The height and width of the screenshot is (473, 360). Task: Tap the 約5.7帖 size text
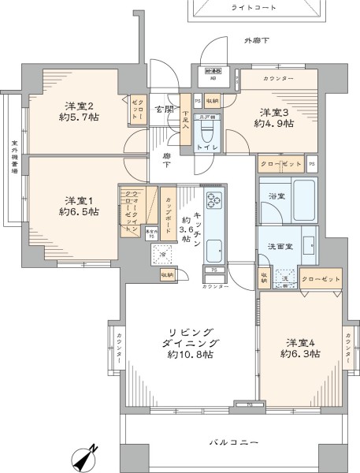[82, 116]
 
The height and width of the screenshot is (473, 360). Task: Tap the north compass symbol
[84, 456]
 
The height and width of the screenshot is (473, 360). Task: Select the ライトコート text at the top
[252, 6]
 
